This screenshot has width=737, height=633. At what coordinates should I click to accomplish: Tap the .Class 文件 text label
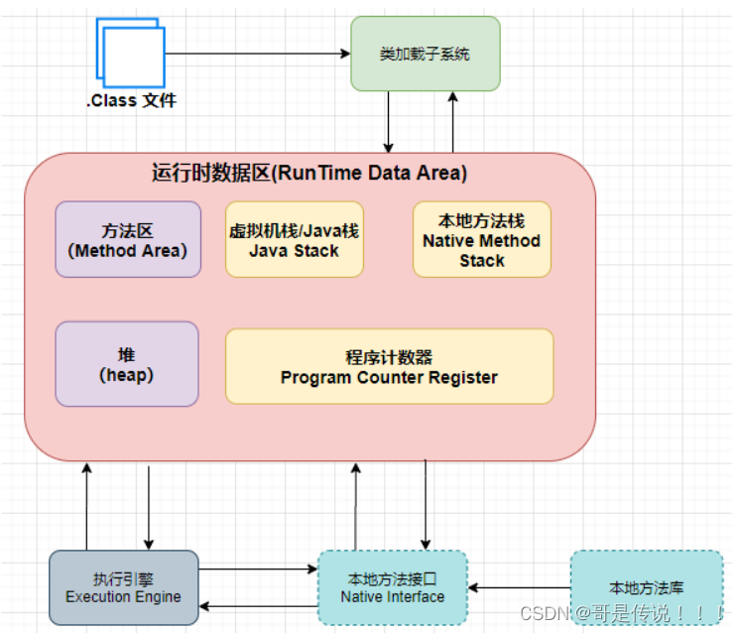[131, 100]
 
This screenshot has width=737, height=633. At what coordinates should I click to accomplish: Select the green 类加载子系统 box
[425, 54]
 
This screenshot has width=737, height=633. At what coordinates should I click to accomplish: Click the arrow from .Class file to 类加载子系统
[258, 54]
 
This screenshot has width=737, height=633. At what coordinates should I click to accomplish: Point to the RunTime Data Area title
[309, 173]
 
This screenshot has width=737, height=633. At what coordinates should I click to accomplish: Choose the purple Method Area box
[128, 239]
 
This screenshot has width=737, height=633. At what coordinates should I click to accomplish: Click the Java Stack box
[294, 240]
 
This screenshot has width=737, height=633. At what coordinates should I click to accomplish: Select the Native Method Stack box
[481, 240]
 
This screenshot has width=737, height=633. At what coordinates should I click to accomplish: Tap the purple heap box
[128, 364]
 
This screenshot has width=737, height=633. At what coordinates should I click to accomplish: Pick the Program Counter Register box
[389, 366]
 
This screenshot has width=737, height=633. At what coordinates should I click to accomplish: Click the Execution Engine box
[123, 587]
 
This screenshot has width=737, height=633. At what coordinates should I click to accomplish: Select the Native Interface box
[392, 587]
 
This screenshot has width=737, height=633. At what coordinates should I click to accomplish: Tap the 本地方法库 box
[646, 587]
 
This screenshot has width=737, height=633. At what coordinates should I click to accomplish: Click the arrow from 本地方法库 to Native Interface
[519, 588]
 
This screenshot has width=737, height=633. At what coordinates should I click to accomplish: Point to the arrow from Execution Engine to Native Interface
[257, 570]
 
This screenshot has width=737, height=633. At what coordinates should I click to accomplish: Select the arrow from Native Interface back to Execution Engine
[257, 605]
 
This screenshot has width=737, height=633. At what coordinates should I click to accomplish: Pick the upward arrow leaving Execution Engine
[86, 506]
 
